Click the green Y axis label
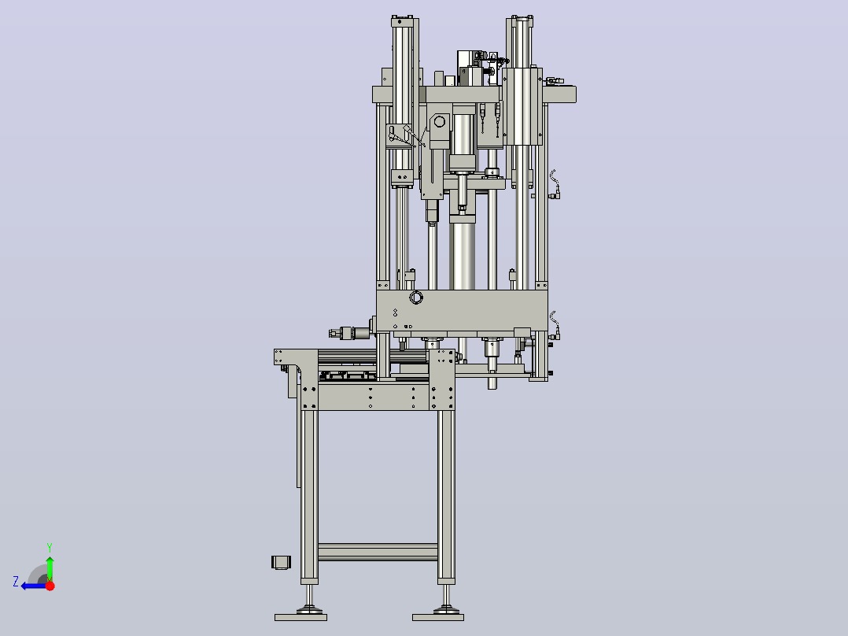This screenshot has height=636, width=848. pyautogui.click(x=50, y=548)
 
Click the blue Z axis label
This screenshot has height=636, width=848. pyautogui.click(x=16, y=582)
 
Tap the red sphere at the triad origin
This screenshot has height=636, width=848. pyautogui.click(x=50, y=586)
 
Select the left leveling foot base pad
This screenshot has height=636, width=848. pyautogui.click(x=300, y=617)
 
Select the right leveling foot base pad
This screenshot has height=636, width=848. pyautogui.click(x=438, y=617)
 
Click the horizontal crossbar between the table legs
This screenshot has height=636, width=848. pyautogui.click(x=378, y=552)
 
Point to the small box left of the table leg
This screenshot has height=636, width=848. pyautogui.click(x=282, y=562)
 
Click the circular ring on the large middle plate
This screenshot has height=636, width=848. pyautogui.click(x=416, y=298)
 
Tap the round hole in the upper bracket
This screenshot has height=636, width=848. pyautogui.click(x=440, y=121)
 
